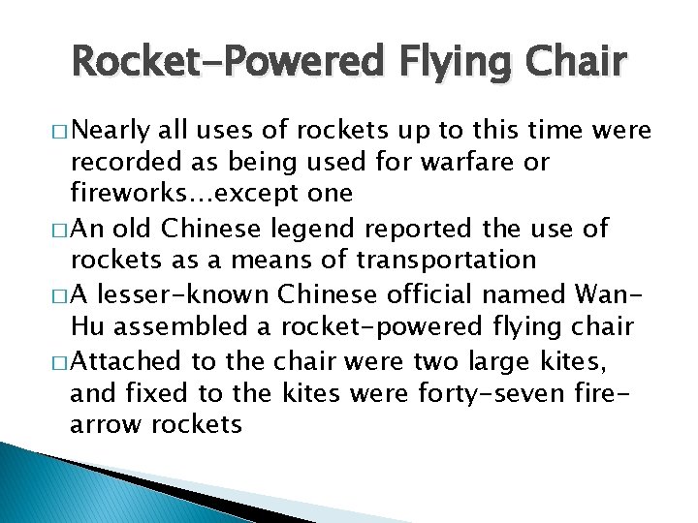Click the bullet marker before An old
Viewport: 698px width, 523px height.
tap(58, 230)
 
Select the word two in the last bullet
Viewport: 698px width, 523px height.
tap(426, 362)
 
